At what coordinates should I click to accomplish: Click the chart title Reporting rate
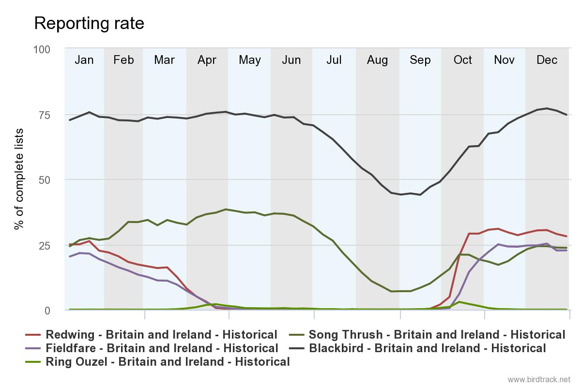(x=89, y=23)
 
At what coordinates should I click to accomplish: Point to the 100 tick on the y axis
(x=41, y=50)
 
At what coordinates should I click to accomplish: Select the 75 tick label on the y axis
(x=44, y=115)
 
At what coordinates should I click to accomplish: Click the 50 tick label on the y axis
(x=44, y=180)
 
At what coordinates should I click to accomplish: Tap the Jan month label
(x=84, y=60)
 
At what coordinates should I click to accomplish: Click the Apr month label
(x=207, y=60)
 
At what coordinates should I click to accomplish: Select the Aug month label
(x=377, y=60)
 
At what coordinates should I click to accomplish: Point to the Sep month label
(x=420, y=60)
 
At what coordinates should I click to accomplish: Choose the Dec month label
(x=547, y=60)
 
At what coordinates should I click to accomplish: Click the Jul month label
(x=334, y=60)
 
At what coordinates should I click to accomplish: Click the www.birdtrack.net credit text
(x=539, y=379)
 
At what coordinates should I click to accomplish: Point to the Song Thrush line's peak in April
(x=226, y=209)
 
